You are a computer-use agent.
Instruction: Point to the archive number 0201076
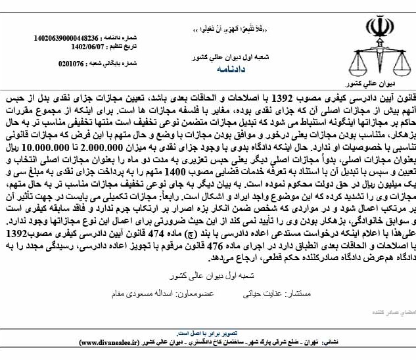[x=72, y=64]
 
